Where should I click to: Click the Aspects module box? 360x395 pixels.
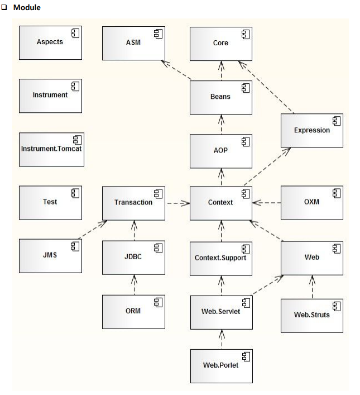point(50,42)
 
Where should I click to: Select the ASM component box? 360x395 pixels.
point(133,42)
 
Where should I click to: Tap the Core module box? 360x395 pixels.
point(220,42)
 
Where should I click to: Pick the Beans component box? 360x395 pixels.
point(220,97)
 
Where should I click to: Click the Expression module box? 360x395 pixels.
point(311,130)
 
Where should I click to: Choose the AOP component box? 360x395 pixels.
point(220,150)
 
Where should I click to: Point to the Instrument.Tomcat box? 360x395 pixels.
point(50,149)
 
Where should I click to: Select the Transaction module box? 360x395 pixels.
point(133,202)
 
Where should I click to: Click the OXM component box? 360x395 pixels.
point(311,202)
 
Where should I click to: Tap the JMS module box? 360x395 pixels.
point(50,255)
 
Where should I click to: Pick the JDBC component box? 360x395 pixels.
point(133,258)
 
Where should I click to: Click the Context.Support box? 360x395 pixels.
point(220,258)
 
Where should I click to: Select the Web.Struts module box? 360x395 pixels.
point(311,314)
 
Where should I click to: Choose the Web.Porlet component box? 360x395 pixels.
point(220,365)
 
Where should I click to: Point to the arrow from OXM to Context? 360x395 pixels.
point(266,203)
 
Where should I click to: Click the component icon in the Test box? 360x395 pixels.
point(74,193)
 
